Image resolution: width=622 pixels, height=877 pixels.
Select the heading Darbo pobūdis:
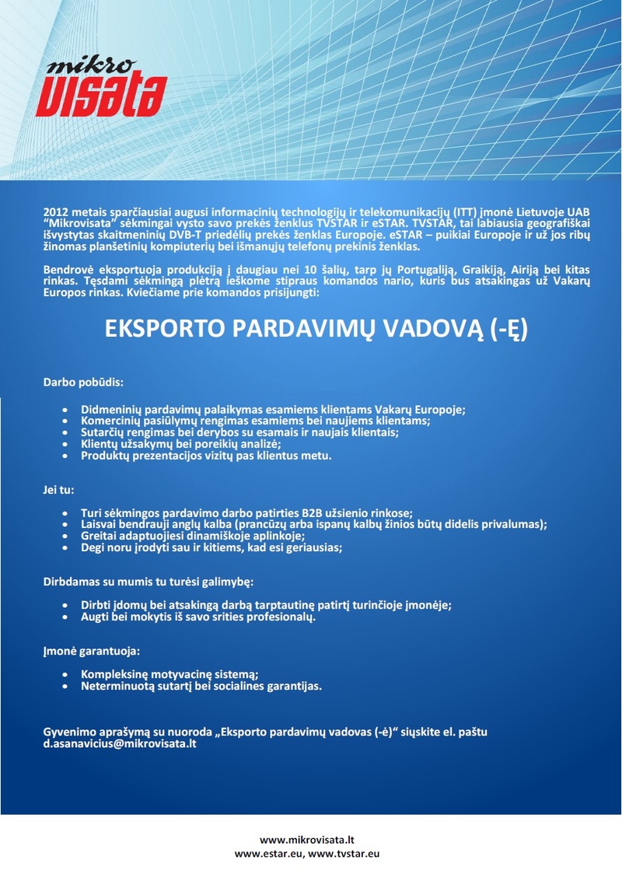tap(83, 383)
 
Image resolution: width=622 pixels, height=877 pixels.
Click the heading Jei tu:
tap(58, 490)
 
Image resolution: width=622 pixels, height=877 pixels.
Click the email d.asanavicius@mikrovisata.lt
tap(120, 744)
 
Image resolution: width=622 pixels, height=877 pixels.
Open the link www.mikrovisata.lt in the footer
tap(307, 840)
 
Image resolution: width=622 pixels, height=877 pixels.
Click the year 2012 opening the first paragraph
tap(56, 211)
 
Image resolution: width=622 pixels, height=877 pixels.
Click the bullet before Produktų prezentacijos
tap(65, 456)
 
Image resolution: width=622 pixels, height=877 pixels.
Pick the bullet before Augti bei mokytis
tap(65, 617)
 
